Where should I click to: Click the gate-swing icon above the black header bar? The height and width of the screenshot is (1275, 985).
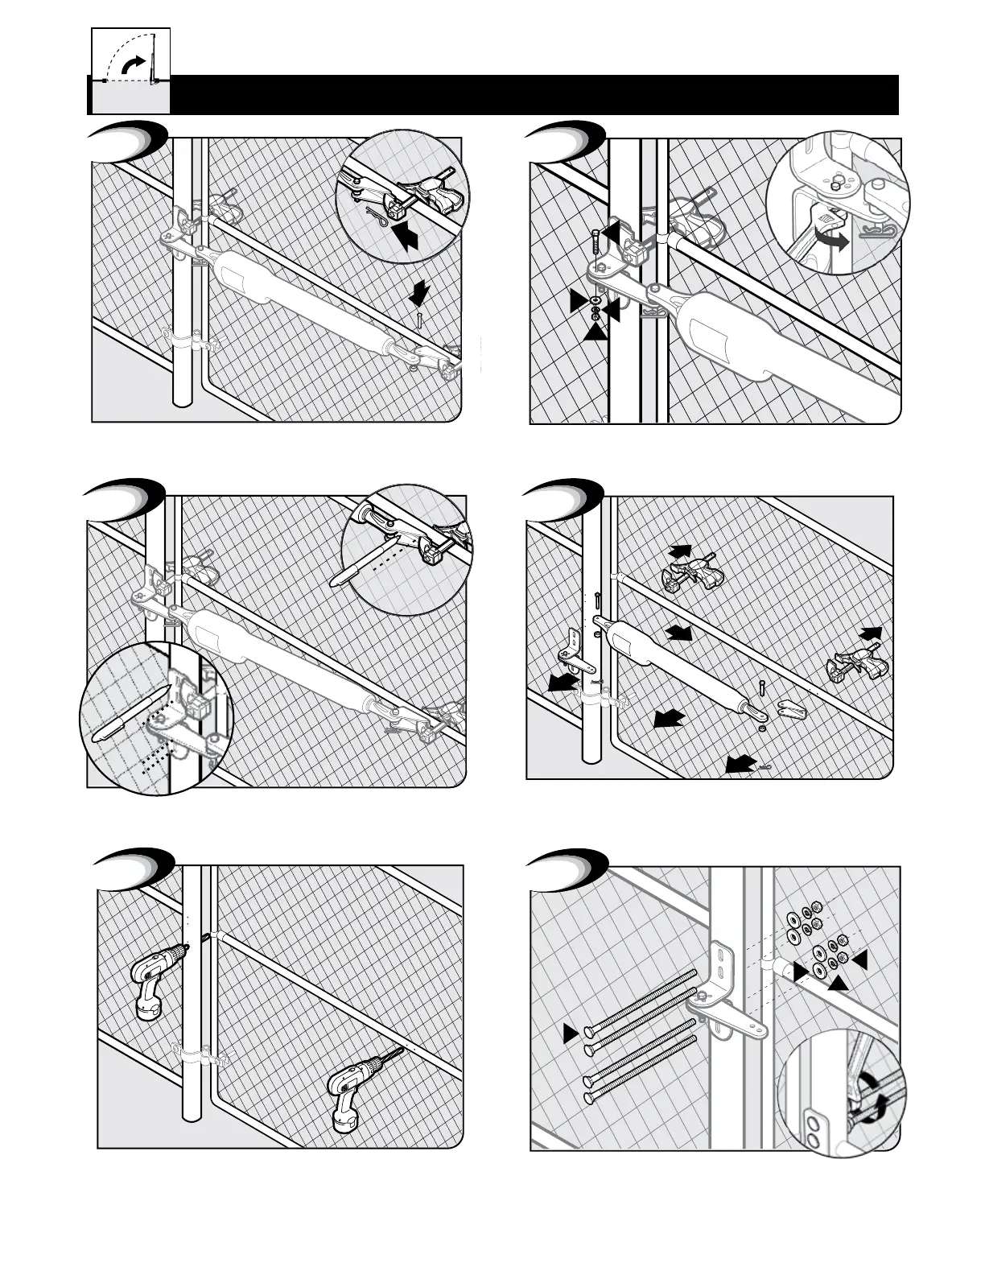130,59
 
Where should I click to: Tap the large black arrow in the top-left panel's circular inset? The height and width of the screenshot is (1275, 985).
410,234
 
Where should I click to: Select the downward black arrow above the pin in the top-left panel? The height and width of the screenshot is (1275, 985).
418,294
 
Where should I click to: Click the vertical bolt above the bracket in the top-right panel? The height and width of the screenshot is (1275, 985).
594,242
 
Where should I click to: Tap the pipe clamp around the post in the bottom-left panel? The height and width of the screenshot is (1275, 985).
196,1054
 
